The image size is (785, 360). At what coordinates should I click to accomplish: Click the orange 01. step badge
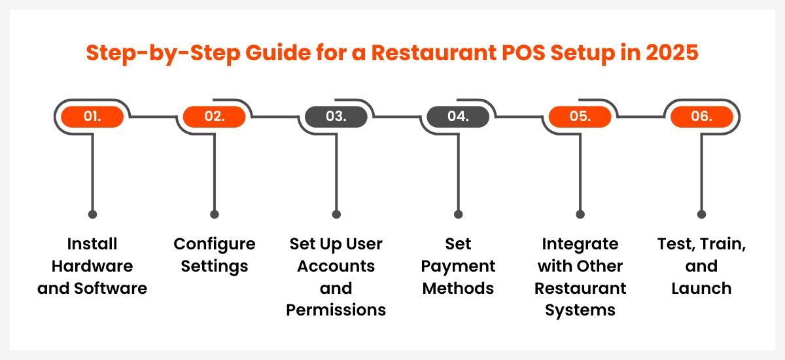tap(92, 117)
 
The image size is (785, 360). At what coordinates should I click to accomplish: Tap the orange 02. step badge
tap(214, 117)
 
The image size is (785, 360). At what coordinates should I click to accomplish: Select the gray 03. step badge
tap(336, 117)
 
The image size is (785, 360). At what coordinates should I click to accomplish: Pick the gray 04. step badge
tap(458, 117)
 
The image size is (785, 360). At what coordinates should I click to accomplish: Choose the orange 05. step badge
tap(580, 117)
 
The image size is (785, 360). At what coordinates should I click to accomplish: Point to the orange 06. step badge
tap(701, 117)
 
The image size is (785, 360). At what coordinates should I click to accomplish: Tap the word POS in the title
tap(523, 52)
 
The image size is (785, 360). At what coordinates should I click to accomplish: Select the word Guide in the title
tap(278, 52)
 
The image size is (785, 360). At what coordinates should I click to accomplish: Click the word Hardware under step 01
tap(92, 266)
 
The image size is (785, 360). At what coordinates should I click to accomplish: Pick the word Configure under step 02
tap(215, 245)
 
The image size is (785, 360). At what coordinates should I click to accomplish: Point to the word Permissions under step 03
tap(336, 310)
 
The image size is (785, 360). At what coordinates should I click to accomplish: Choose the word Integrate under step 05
tap(580, 245)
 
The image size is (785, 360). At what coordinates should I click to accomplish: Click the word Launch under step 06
tap(701, 288)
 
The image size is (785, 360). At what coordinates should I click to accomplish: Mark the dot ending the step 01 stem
tap(92, 214)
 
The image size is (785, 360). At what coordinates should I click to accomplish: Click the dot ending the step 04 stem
tap(458, 214)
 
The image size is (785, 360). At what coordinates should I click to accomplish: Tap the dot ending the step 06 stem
tap(701, 214)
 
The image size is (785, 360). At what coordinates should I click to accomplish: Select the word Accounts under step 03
tap(336, 266)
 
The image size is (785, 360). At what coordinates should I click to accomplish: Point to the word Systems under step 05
tap(580, 310)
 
